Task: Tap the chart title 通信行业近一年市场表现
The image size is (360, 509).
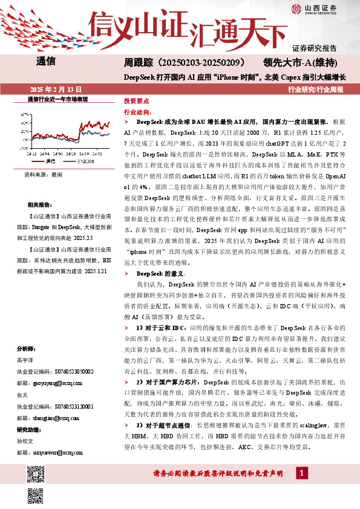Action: (57, 99)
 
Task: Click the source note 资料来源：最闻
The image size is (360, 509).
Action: (43, 174)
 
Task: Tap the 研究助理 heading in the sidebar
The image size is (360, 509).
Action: (29, 430)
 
